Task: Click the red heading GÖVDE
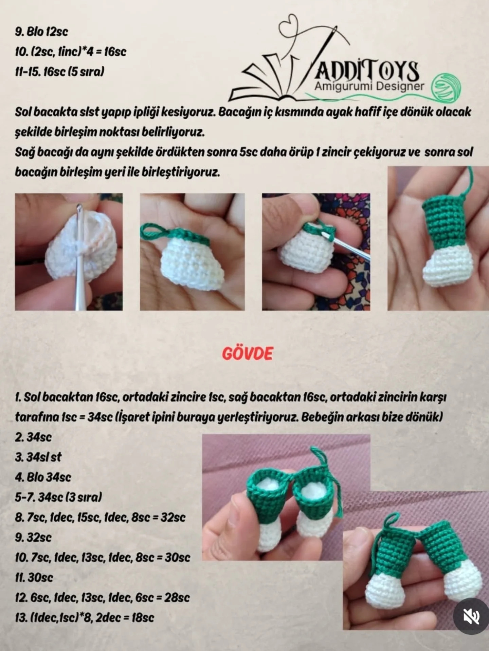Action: pos(247,354)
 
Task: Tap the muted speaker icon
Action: pos(471,616)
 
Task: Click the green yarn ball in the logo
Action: pos(446,87)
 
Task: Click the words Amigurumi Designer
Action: pos(369,86)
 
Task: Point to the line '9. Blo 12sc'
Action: pos(41,32)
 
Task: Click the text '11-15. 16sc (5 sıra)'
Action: pos(59,72)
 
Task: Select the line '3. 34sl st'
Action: pos(38,457)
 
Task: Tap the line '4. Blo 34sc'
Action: pos(43,477)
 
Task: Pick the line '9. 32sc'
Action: pos(33,537)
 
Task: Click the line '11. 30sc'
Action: pos(34,577)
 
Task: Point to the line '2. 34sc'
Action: pos(33,437)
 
